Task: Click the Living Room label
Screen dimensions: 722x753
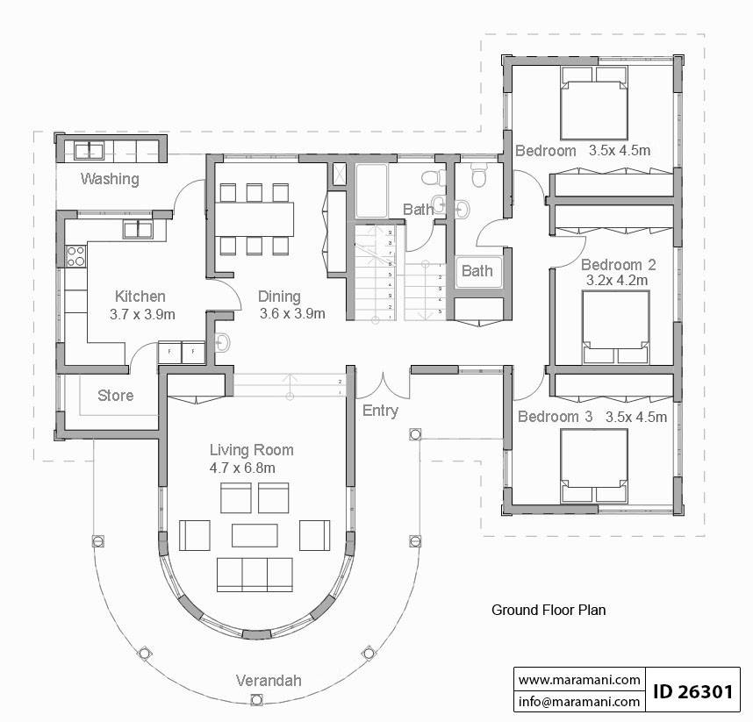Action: click(251, 450)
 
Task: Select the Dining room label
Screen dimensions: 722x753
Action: click(279, 297)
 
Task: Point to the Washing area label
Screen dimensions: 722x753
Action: click(110, 179)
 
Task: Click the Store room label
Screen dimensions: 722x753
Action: click(115, 396)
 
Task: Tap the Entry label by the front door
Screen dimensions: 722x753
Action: click(380, 411)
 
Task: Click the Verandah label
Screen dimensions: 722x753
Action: click(269, 680)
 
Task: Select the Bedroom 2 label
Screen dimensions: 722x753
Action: click(619, 264)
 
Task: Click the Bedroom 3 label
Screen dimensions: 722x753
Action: click(555, 416)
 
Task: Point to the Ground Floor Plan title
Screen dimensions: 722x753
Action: click(549, 609)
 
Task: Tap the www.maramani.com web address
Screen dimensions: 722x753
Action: click(578, 679)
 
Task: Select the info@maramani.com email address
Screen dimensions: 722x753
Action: click(578, 702)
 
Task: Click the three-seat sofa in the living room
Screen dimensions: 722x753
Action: click(255, 573)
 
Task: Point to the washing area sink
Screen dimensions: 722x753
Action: click(90, 151)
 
